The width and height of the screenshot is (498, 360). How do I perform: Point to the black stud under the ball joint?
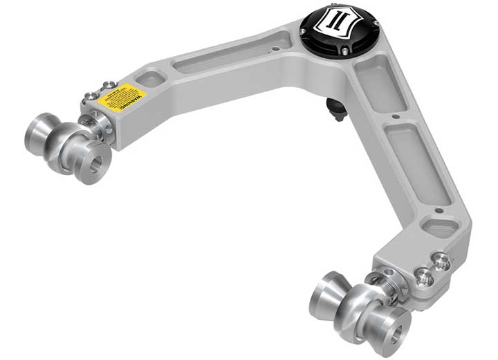pyautogui.click(x=336, y=108)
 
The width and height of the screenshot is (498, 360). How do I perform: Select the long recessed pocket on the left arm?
pyautogui.click(x=221, y=60)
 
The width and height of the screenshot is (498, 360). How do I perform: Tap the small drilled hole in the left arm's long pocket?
pyautogui.click(x=277, y=49)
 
